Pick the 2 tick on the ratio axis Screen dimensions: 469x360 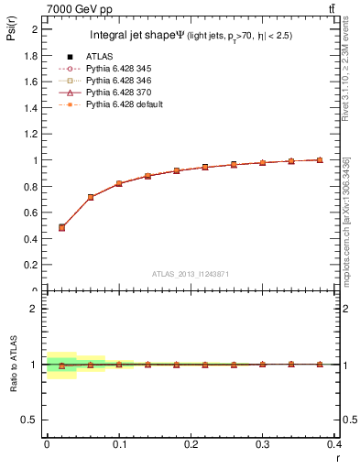pyautogui.click(x=36, y=309)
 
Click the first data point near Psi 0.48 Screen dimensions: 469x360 pyautogui.click(x=61, y=227)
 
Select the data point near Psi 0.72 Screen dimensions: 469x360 pyautogui.click(x=91, y=197)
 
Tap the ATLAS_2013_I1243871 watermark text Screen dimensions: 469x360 pyautogui.click(x=191, y=273)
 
